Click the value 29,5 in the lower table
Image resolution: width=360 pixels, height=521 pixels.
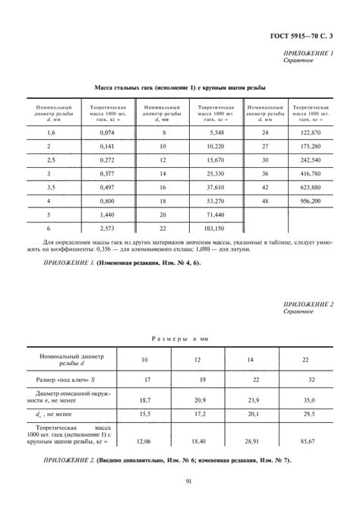(308, 415)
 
